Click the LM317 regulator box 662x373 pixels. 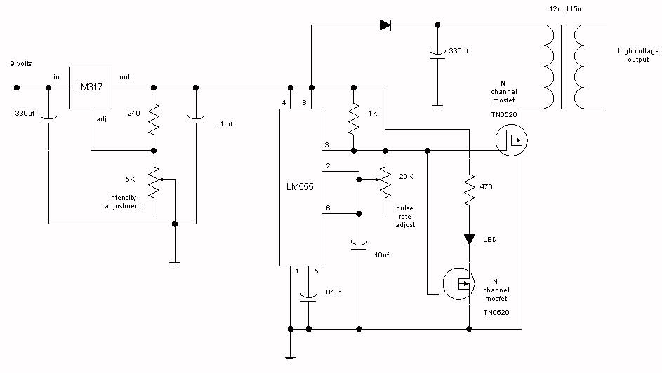click(x=91, y=88)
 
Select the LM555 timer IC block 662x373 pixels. click(x=300, y=187)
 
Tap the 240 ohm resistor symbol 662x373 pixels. click(x=154, y=119)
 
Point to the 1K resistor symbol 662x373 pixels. click(x=354, y=119)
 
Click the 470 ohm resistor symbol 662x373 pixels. click(x=469, y=190)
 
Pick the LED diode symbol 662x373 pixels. click(x=469, y=239)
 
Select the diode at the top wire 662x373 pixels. click(x=385, y=25)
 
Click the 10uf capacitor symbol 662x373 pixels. click(x=359, y=245)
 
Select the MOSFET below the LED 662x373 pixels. click(x=459, y=284)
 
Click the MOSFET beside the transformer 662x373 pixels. click(x=511, y=140)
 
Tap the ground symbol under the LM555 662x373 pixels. click(x=290, y=358)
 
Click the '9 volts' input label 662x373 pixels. click(x=21, y=64)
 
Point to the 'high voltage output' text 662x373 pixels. click(x=638, y=55)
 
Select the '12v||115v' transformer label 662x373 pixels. click(x=565, y=9)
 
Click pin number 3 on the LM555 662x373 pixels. click(x=326, y=145)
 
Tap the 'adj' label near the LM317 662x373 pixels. click(x=101, y=119)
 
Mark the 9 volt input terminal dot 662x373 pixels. click(x=17, y=88)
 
